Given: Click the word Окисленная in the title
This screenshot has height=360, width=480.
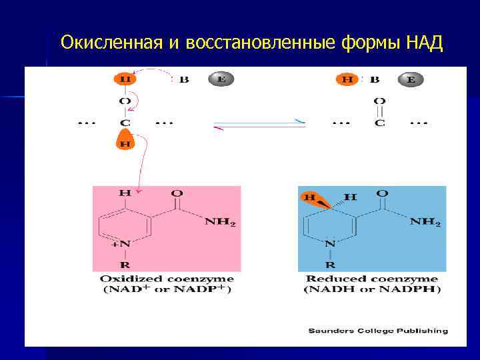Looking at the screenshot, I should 111,43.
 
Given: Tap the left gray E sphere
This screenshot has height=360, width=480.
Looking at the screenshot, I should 222,79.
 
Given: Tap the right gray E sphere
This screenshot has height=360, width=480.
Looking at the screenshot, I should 411,79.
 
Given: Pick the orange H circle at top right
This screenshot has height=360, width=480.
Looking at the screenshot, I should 347,79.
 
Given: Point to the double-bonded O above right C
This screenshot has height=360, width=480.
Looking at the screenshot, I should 379,101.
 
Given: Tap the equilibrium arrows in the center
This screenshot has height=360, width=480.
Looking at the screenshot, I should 260,123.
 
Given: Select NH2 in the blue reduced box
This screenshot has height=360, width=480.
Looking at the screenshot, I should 425,222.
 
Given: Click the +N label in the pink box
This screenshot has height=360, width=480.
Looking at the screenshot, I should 122,245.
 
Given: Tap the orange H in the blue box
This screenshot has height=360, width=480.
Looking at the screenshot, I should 310,197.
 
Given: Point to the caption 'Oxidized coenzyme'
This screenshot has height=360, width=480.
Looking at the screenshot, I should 167,279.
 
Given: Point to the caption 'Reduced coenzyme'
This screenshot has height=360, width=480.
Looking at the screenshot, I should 372,279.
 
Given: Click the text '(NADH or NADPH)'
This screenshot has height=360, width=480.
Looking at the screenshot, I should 372,289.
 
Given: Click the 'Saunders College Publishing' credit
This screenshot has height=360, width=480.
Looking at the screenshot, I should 377,330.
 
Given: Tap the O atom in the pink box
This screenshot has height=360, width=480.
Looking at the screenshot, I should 177,193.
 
